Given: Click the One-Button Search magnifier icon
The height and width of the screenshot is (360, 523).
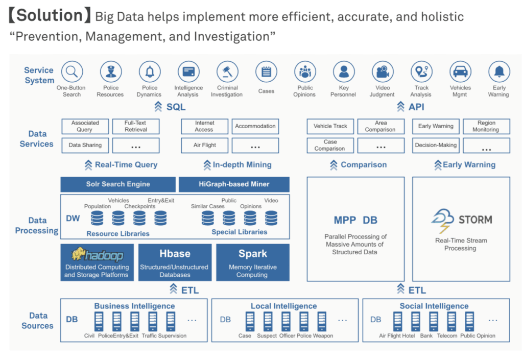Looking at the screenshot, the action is (72, 71).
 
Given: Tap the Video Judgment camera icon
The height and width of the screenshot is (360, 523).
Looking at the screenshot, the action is (383, 71).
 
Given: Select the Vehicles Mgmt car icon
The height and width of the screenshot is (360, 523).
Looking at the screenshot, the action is (460, 71).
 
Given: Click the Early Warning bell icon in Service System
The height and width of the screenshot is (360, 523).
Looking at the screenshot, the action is (499, 71).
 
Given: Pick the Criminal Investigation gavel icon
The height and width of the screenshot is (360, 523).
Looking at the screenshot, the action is (227, 71).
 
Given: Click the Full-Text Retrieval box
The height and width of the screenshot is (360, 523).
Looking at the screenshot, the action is (136, 126).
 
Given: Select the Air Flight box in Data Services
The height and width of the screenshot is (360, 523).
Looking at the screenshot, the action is (205, 146).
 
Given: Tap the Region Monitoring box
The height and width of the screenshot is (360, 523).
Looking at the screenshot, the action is (486, 126).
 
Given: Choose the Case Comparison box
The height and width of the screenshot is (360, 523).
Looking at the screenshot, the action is (330, 146).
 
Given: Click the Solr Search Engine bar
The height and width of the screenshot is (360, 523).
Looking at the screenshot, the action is (118, 184).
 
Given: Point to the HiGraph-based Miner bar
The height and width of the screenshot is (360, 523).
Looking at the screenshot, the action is (234, 184).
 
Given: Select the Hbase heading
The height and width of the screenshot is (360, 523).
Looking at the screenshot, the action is (175, 254).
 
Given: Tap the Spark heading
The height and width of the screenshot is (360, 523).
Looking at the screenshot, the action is (253, 254).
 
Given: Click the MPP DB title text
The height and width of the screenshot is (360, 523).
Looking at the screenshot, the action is (355, 220).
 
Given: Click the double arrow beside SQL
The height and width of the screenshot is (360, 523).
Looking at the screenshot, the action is (158, 107).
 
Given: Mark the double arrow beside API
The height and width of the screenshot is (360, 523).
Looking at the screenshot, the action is (400, 107).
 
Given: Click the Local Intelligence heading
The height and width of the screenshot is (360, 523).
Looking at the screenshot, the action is (284, 306).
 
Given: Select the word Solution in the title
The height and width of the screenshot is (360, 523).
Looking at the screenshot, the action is (50, 15).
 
